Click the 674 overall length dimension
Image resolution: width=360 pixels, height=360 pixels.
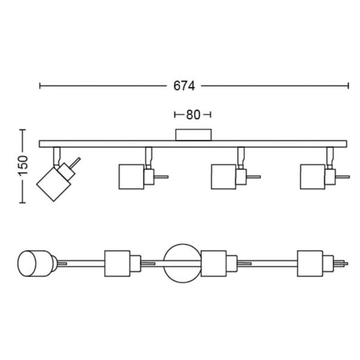click(184, 86)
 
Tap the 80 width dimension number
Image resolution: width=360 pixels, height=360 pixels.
click(193, 114)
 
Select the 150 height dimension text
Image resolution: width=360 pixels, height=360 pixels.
click(23, 166)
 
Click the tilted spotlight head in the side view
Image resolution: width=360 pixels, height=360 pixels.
click(54, 184)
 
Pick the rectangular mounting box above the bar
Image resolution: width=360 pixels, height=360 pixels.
click(193, 135)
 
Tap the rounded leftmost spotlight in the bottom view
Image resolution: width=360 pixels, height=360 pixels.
click(36, 263)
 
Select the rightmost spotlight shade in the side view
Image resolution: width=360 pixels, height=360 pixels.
click(312, 177)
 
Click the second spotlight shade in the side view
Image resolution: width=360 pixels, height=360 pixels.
click(132, 177)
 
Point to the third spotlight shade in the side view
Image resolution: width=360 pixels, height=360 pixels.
click(224, 177)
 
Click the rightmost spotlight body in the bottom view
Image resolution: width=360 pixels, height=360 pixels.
click(310, 263)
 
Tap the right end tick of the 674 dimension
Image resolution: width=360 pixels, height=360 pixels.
click(348, 86)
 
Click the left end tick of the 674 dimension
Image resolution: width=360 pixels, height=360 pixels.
click(40, 86)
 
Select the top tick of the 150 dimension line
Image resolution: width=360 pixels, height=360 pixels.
click(22, 130)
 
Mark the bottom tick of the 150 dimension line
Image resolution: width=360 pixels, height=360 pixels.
click(22, 203)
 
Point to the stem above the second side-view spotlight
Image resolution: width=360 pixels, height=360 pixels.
click(148, 156)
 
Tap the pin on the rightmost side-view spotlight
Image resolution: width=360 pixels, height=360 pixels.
click(343, 177)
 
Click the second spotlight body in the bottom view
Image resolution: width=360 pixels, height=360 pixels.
click(117, 263)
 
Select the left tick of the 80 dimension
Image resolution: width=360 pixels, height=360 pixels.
click(175, 114)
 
